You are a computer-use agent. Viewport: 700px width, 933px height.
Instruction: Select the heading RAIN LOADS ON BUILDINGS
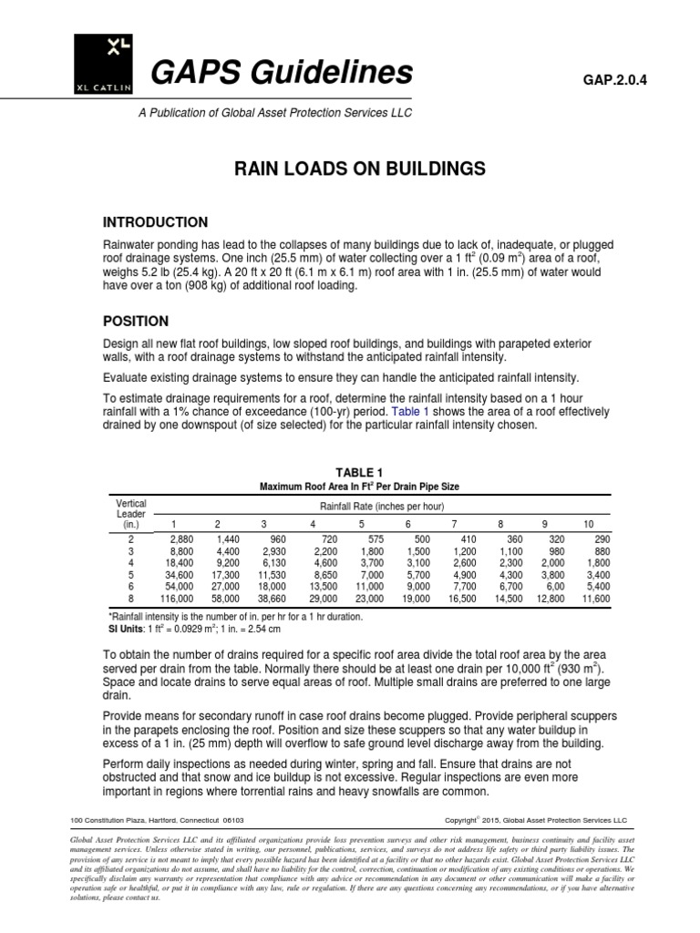(350, 169)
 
